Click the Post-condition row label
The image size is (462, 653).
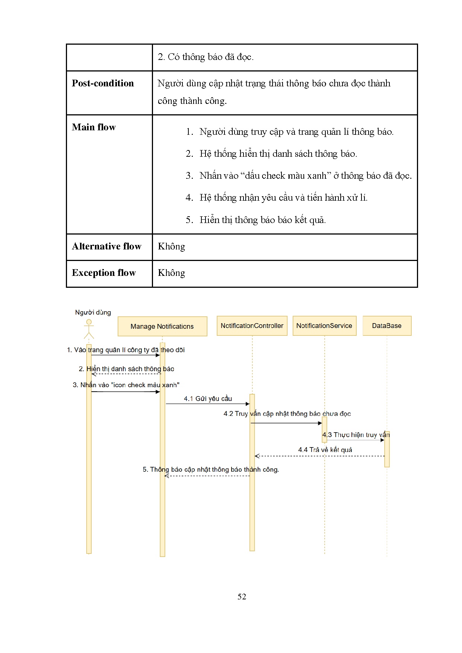[103, 83]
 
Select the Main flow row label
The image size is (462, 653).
[94, 127]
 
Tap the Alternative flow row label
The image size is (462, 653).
[106, 246]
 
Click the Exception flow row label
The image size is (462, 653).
[104, 273]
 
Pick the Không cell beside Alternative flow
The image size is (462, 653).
[171, 246]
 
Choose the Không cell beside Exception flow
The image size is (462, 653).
[171, 273]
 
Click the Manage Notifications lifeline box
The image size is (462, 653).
[162, 326]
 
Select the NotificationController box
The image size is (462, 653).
[252, 326]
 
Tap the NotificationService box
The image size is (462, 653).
[324, 326]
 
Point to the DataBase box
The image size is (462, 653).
[387, 326]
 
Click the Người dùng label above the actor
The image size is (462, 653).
[93, 312]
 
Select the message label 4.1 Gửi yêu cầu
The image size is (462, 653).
[208, 399]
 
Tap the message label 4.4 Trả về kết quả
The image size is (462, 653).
[325, 450]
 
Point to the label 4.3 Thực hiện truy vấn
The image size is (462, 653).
[356, 435]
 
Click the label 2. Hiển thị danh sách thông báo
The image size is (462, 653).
[127, 369]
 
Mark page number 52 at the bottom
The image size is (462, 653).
[242, 596]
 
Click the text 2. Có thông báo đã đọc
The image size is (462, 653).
[205, 57]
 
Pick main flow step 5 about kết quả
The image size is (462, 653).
[262, 220]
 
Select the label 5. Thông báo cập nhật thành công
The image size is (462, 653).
[211, 469]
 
